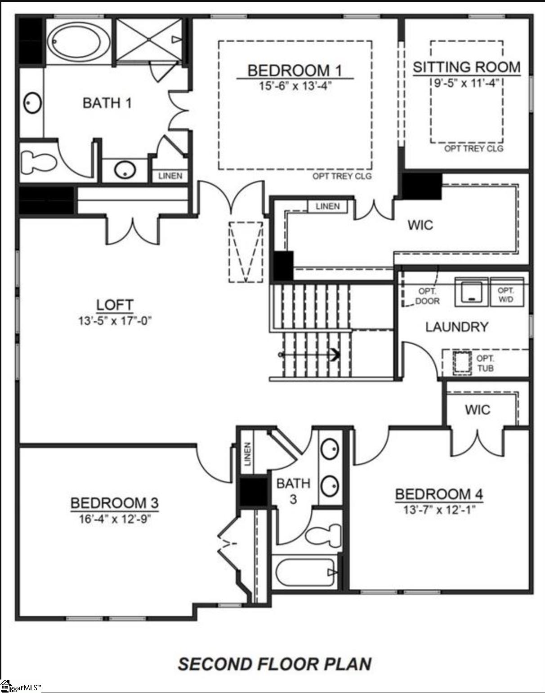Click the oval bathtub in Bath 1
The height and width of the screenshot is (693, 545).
[79, 40]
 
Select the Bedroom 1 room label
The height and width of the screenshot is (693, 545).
[295, 71]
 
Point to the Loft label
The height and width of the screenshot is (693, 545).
[115, 305]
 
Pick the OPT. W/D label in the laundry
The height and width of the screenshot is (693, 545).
[506, 295]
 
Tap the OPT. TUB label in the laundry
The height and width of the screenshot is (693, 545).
[485, 363]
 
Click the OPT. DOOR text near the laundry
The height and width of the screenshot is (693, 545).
[427, 296]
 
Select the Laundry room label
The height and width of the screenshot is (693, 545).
[456, 327]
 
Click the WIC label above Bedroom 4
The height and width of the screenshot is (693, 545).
[478, 409]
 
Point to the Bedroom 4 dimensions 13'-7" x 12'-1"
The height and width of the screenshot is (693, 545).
[438, 510]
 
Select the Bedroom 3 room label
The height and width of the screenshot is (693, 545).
[115, 503]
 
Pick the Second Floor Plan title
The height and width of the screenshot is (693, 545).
[274, 664]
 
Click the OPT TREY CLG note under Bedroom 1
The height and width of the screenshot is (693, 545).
[342, 176]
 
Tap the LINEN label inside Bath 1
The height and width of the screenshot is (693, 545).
[170, 176]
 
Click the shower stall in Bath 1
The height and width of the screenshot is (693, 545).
[149, 40]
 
